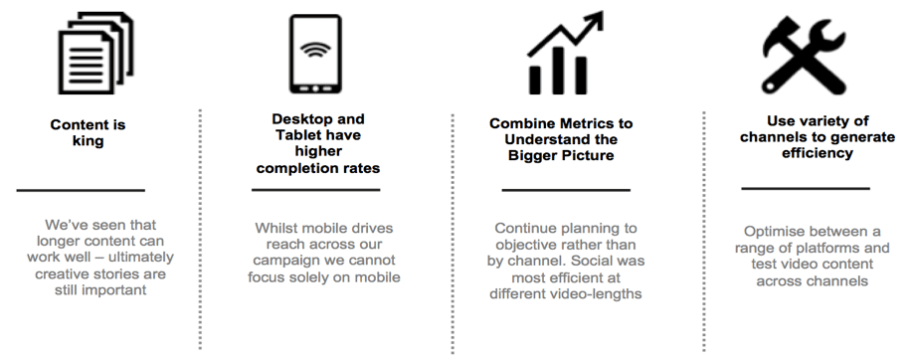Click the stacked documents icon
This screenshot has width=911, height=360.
tap(95, 54)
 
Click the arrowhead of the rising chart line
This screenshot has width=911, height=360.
tap(595, 20)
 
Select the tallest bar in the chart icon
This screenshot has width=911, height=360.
tap(558, 71)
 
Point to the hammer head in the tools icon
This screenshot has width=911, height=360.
tap(781, 36)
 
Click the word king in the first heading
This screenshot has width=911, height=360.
tap(88, 141)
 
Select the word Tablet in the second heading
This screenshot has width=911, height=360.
tap(301, 135)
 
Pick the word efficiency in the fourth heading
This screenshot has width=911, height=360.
tap(817, 153)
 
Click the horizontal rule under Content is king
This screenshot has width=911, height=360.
tap(81, 190)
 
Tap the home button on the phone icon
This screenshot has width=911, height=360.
tap(315, 89)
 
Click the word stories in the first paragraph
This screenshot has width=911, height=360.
tap(108, 273)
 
